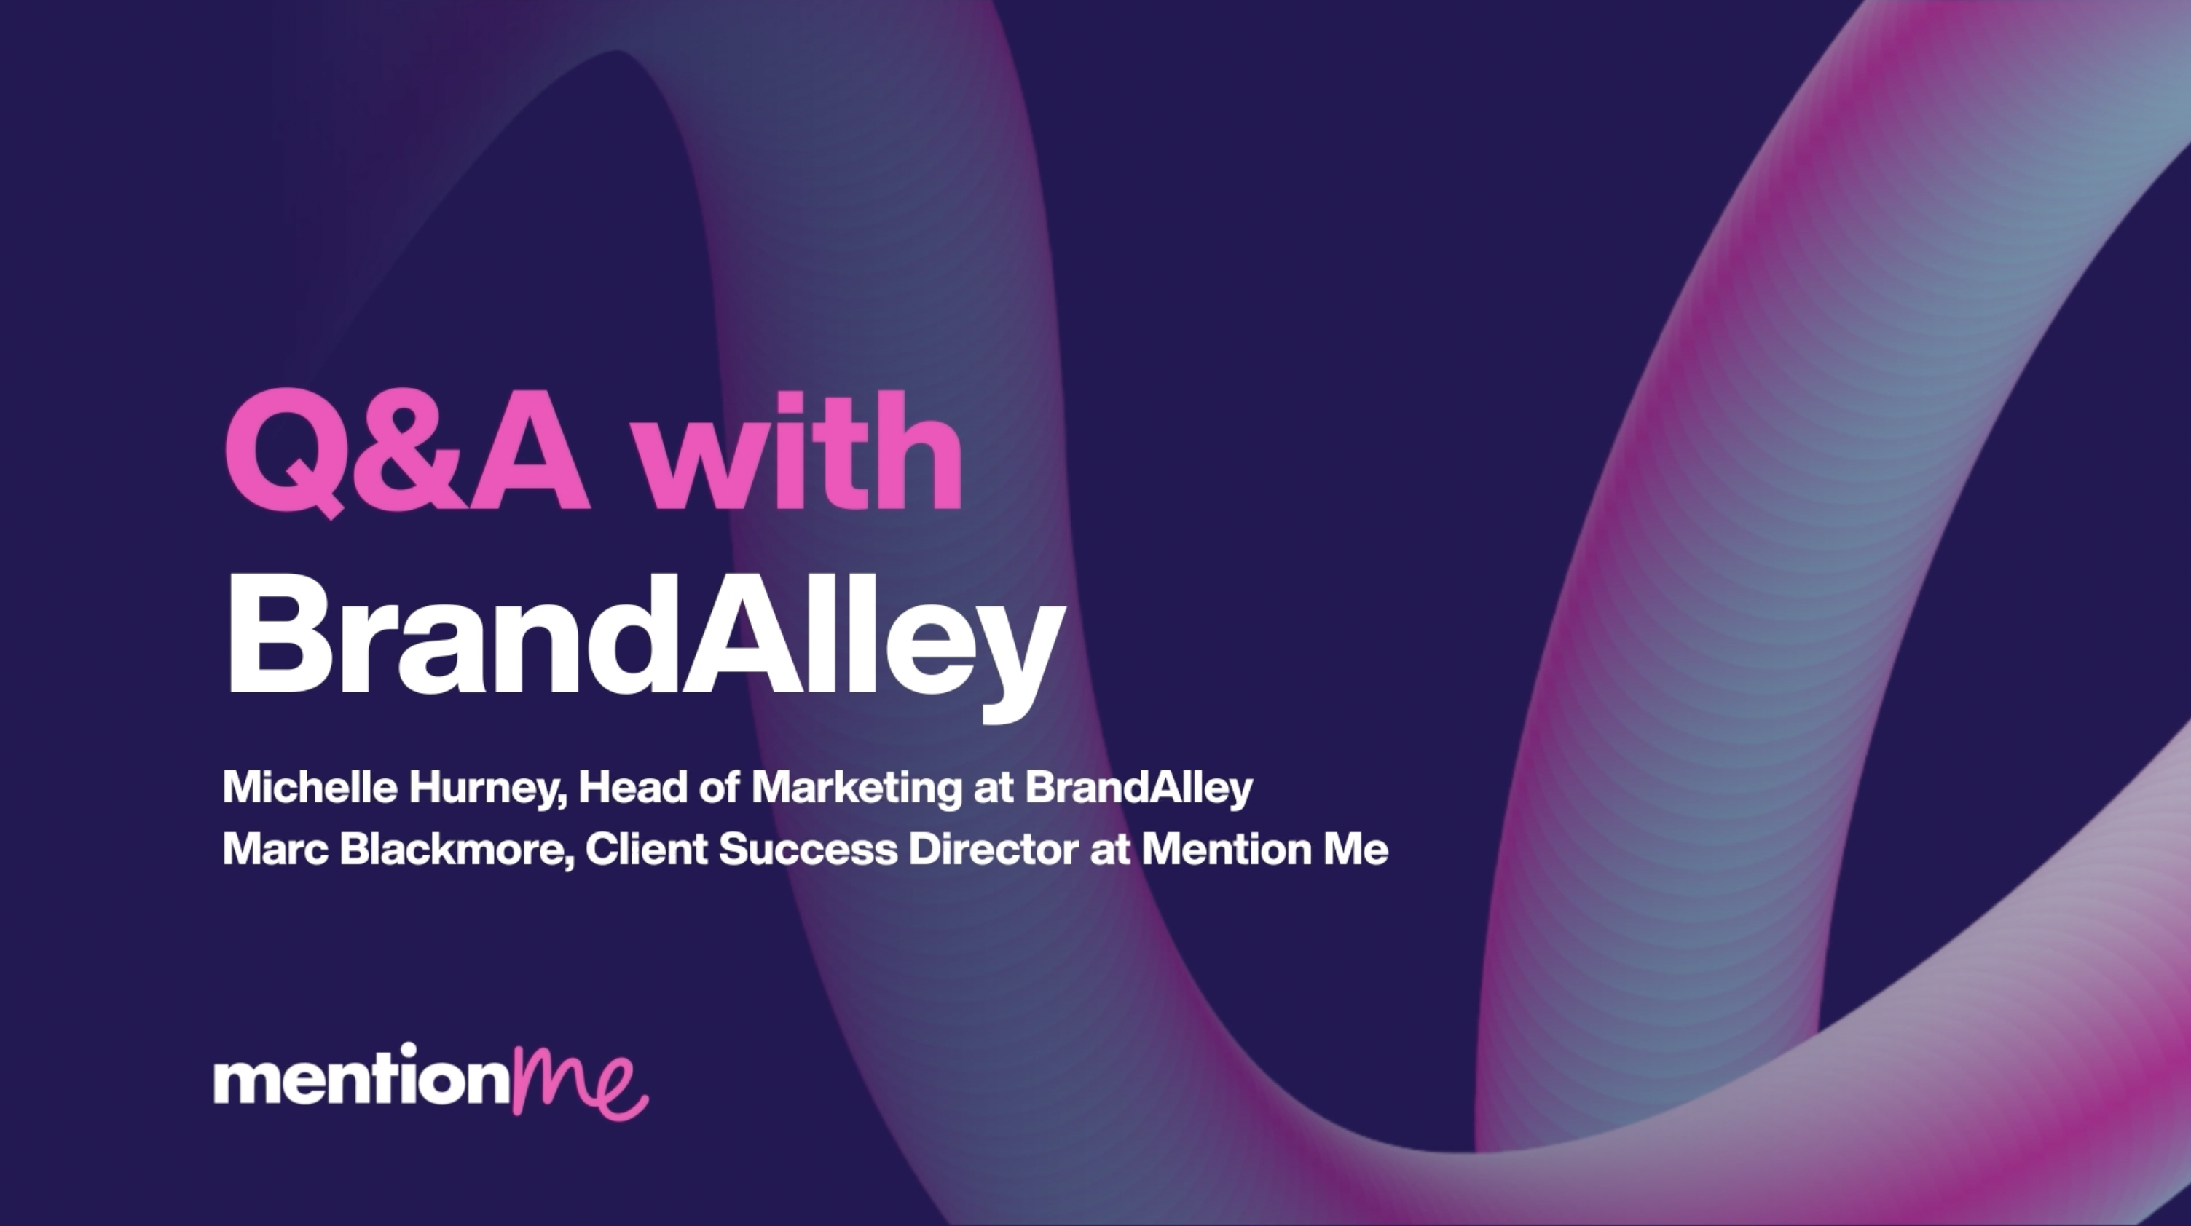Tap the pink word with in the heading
(x=801, y=449)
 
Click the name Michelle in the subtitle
(x=310, y=787)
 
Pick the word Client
(x=646, y=848)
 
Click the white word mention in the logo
(x=362, y=1075)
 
